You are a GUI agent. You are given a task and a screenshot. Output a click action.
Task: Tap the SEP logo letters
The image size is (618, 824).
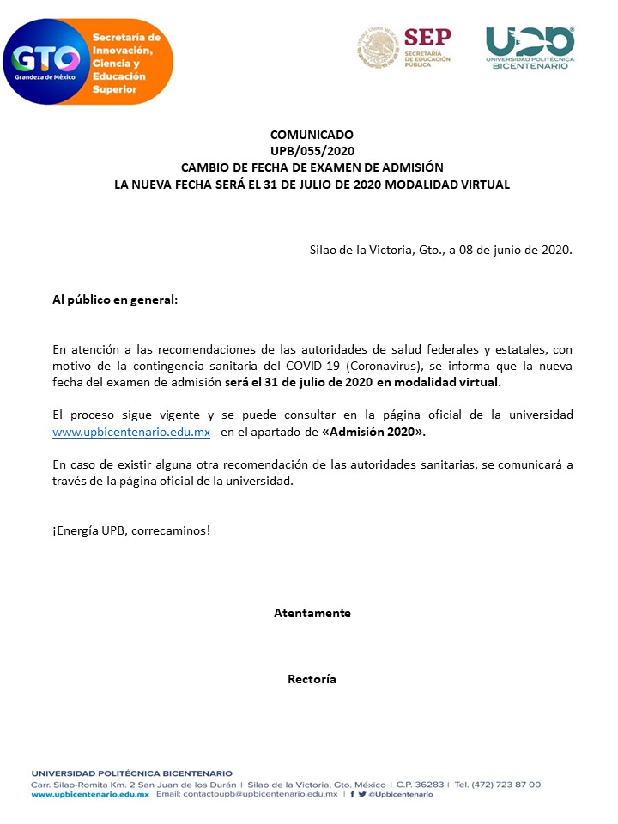coord(427,38)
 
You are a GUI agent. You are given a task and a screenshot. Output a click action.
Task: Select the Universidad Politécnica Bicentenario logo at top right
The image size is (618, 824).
coord(530,47)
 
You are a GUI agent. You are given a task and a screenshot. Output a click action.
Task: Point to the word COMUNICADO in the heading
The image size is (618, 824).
coord(312,135)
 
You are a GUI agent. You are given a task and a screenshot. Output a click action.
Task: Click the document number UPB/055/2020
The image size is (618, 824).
coord(312,151)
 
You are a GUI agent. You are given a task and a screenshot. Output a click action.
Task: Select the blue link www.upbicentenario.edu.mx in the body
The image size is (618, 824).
coord(131,433)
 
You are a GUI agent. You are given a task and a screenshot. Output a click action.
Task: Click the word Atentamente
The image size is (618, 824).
coord(312,613)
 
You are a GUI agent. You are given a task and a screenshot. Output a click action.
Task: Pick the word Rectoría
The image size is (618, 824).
coord(312,679)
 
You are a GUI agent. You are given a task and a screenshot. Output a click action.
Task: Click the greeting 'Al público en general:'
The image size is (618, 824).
coord(115,300)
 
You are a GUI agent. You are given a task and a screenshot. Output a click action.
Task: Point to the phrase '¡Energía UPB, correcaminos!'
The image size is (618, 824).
coord(131,530)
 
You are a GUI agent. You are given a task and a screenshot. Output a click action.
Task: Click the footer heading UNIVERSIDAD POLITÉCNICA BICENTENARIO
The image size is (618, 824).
coord(131,773)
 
